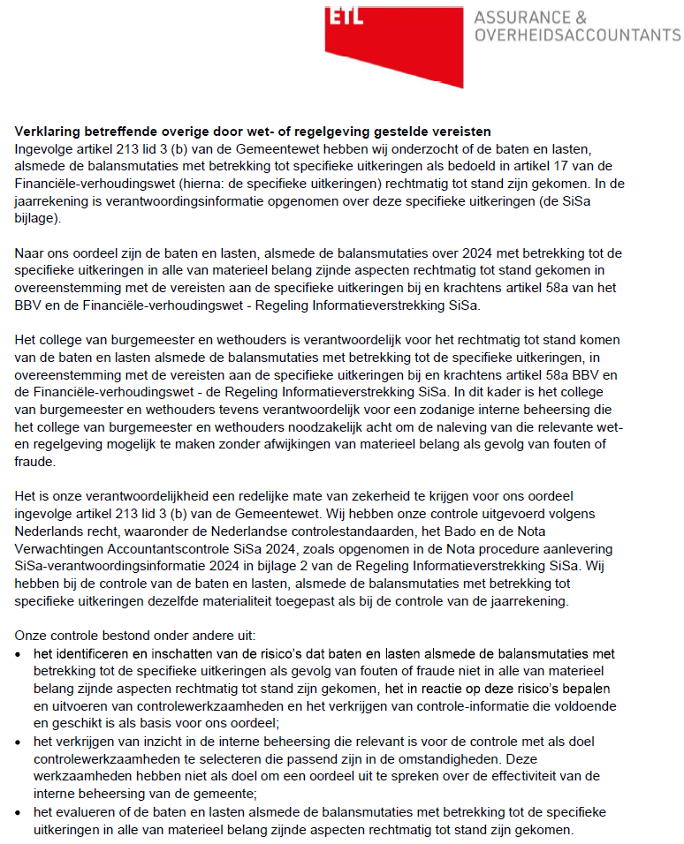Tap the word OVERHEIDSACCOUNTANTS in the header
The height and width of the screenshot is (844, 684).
(x=577, y=34)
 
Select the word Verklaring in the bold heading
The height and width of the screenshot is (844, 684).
(x=45, y=132)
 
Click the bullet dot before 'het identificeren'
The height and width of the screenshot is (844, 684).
(x=20, y=654)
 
